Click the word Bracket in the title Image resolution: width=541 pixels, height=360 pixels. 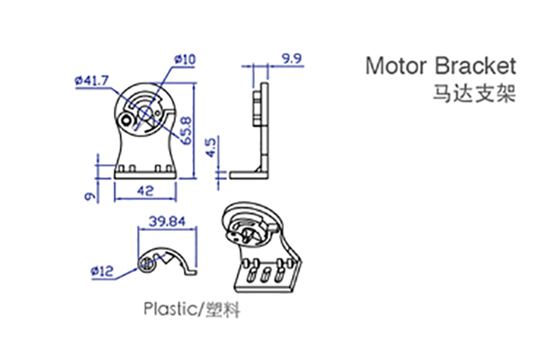tap(476, 66)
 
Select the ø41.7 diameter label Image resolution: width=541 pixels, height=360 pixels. tap(92, 81)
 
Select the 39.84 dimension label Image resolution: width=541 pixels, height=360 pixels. tap(167, 221)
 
